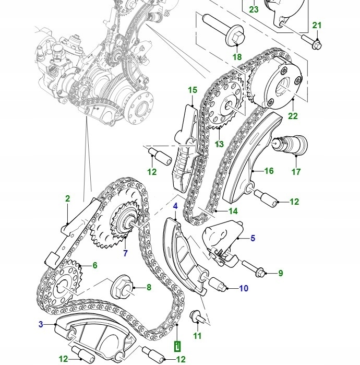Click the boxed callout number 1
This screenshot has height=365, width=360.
pos(177,346)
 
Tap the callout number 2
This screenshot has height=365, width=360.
pos(67,198)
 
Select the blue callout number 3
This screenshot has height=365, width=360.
pos(41,324)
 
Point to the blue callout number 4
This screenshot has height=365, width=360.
pos(175,206)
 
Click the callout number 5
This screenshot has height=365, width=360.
pos(253,239)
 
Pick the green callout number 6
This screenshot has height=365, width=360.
pos(95,265)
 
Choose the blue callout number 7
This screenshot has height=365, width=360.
pos(125,254)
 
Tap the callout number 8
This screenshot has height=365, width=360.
pos(149,287)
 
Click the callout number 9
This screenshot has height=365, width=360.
pos(280,273)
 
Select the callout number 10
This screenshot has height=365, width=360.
pos(244,288)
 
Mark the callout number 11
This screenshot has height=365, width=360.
pos(197,336)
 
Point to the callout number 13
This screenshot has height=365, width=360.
pos(219,144)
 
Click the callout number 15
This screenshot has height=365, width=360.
pos(193,90)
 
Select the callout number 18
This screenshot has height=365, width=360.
pos(237,57)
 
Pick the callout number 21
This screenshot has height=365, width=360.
pos(317,26)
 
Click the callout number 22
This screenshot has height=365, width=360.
pos(293,116)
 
